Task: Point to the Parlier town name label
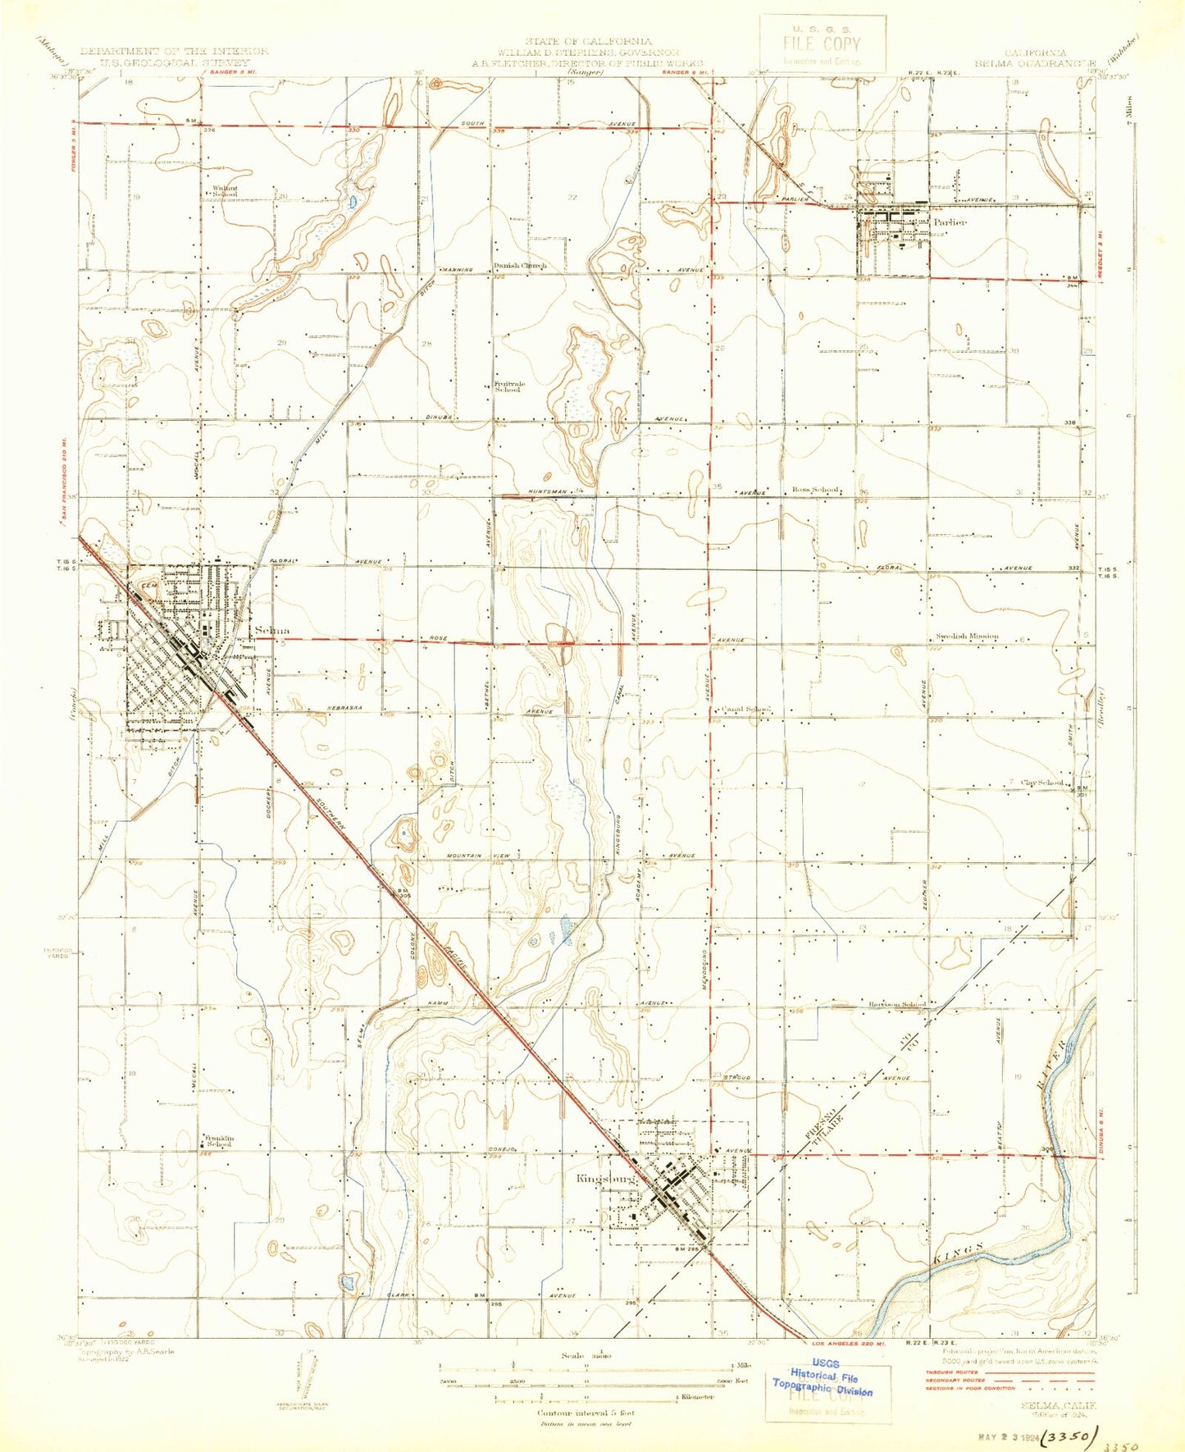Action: [x=949, y=221]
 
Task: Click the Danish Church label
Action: [x=520, y=265]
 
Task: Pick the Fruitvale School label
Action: [x=508, y=386]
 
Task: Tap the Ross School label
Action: [x=815, y=490]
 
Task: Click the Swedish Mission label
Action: [x=968, y=637]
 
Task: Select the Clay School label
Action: [x=1042, y=783]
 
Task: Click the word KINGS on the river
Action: [x=959, y=1253]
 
